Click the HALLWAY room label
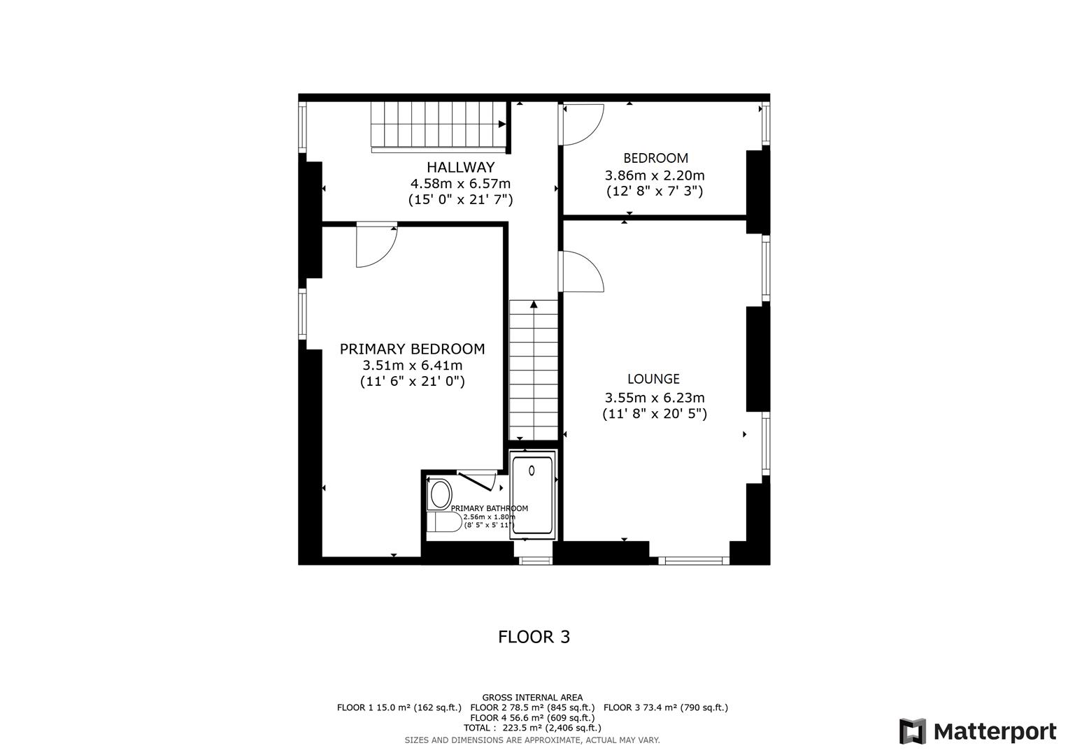click(460, 168)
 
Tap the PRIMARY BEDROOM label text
click(412, 349)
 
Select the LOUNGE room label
click(653, 379)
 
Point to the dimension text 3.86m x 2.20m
click(654, 175)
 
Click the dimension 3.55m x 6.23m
click(654, 398)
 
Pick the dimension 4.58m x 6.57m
click(460, 184)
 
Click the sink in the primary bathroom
click(440, 495)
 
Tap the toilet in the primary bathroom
click(443, 522)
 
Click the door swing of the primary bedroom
click(376, 246)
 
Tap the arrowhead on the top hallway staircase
click(502, 124)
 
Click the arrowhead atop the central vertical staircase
click(534, 304)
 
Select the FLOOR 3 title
click(534, 637)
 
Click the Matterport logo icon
click(913, 731)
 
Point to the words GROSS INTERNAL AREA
click(532, 697)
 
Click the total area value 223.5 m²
click(516, 728)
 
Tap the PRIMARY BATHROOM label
click(489, 508)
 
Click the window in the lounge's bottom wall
click(693, 560)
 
